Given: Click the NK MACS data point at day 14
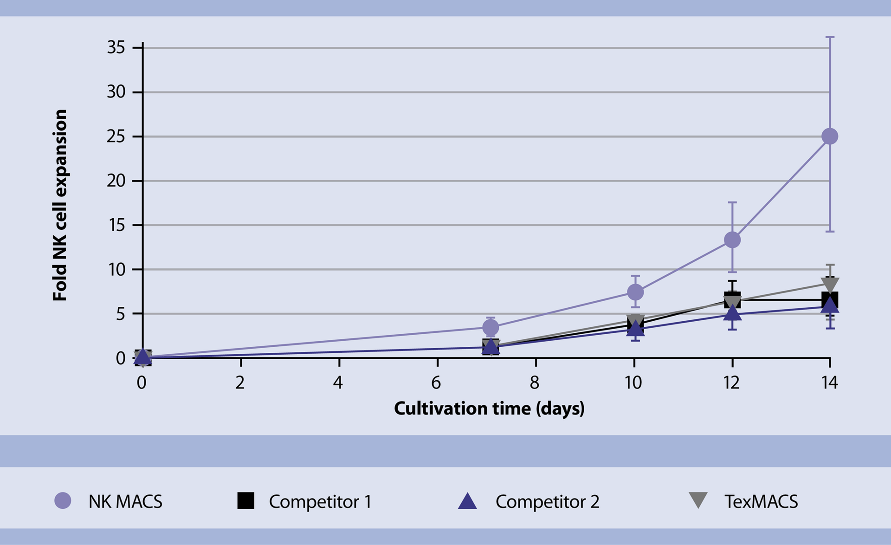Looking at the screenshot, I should pos(830,136).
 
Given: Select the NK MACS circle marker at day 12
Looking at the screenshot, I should pos(732,240).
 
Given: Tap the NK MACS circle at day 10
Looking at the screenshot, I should pos(635,292).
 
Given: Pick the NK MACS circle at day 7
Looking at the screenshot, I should pos(491,327).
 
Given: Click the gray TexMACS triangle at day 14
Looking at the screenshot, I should pos(830,283).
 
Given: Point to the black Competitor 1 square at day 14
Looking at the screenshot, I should pos(830,299).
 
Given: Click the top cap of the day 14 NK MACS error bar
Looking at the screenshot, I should pos(830,37).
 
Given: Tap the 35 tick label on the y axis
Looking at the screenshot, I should pos(116,47).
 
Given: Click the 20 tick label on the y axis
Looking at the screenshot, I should pos(116,181).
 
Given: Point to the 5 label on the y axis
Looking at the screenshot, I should pos(120,314).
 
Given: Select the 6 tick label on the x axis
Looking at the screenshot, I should pos(436,383).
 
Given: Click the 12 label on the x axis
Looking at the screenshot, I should pos(731,383).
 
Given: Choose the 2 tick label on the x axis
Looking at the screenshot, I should pos(240,383).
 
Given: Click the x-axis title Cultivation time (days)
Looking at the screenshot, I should pos(489,409).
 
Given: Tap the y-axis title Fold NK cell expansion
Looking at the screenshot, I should pos(60,205).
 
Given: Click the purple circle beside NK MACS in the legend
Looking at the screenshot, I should pos(63,500).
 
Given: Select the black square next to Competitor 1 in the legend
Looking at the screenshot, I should pos(245,500).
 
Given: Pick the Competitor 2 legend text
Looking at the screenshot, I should pos(547,501).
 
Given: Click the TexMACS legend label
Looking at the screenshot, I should pos(761,501).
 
